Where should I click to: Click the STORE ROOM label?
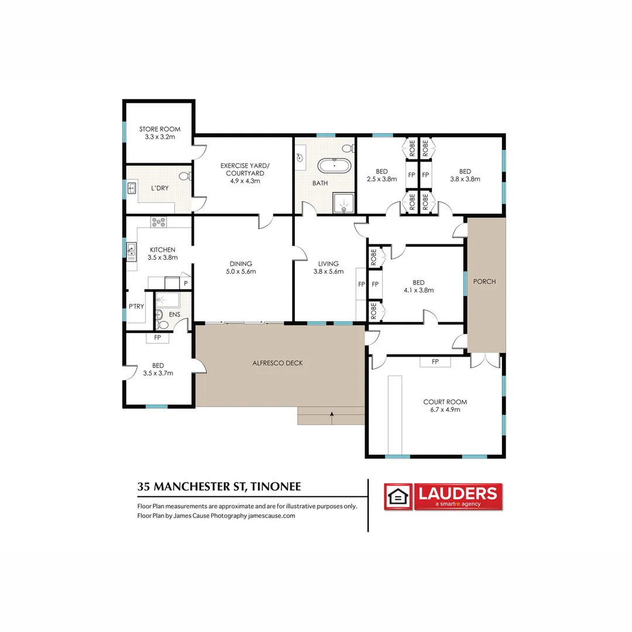(160, 129)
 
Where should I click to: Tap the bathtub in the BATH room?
(334, 166)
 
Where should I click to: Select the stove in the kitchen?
(158, 222)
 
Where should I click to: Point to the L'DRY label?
(160, 188)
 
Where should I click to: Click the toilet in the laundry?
(185, 176)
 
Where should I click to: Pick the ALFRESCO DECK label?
(277, 363)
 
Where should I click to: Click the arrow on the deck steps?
(332, 418)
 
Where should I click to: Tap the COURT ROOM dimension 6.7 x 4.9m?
(445, 410)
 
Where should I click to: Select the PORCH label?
(485, 281)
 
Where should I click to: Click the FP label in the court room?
(435, 362)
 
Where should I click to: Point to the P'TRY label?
(136, 306)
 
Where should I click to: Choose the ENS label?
(174, 314)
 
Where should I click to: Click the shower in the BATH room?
(344, 202)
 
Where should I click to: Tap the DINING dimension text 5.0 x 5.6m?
(241, 272)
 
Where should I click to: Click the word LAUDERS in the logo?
(458, 493)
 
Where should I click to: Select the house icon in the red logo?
(398, 497)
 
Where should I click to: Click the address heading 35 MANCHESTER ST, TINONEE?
(219, 486)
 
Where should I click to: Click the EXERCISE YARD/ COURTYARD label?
(245, 169)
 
